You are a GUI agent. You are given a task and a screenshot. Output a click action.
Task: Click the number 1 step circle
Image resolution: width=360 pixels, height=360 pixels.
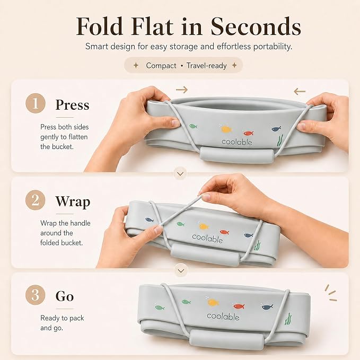[36, 103]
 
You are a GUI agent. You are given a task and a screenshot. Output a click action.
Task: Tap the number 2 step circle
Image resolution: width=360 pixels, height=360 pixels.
[36, 200]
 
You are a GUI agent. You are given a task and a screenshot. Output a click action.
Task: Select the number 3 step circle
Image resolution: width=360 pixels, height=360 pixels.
[36, 295]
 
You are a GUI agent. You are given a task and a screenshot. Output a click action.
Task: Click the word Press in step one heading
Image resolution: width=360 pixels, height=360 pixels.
[72, 105]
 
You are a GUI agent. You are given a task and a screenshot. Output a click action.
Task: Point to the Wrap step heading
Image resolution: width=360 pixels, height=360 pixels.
[73, 201]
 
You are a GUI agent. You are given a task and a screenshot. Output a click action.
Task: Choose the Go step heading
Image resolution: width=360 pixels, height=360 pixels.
[65, 296]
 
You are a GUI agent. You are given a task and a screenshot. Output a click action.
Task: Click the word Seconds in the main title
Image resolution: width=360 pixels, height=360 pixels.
[256, 27]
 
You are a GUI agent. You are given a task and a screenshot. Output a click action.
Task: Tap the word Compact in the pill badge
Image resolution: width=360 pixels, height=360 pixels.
[161, 66]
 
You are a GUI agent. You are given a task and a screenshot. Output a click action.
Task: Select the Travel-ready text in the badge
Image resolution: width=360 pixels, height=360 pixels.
[206, 66]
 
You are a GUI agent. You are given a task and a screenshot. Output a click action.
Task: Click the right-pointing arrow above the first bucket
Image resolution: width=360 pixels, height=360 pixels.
[182, 90]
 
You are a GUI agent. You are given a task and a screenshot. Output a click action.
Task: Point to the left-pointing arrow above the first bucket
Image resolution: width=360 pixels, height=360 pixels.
[300, 92]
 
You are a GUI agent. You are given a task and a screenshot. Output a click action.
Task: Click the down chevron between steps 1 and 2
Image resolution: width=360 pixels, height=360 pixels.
[180, 174]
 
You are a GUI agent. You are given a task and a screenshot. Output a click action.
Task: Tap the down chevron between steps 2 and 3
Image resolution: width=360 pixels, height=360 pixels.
[181, 271]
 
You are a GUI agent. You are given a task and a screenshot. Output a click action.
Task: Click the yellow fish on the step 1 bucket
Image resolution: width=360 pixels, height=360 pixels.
[226, 129]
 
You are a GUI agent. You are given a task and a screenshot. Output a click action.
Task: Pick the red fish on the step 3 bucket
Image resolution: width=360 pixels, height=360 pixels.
[239, 306]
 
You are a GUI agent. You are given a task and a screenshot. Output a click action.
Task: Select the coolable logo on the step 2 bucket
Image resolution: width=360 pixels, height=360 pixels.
[207, 239]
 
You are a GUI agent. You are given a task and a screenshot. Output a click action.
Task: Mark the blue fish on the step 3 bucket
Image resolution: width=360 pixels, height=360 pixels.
[267, 306]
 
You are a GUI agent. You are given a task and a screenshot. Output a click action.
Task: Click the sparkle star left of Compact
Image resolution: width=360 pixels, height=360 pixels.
[136, 65]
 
